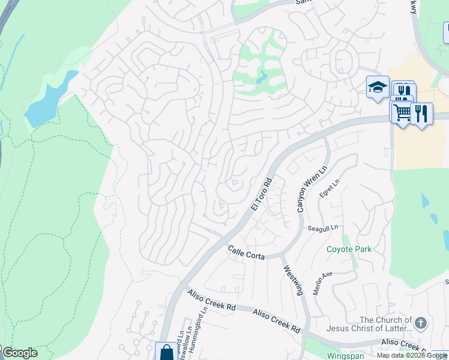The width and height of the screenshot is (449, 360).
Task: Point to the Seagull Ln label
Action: click(x=323, y=228)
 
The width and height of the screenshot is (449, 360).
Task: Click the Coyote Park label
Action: click(x=349, y=249)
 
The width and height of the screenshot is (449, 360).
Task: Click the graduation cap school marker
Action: click(x=378, y=88)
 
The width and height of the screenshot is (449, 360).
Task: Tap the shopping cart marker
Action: click(x=402, y=112)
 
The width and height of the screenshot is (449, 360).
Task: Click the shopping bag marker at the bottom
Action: click(x=166, y=353)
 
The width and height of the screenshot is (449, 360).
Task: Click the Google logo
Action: click(x=20, y=353)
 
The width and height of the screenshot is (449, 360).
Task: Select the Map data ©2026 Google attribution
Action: click(x=412, y=355)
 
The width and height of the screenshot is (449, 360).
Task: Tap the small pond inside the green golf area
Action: click(x=261, y=76)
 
